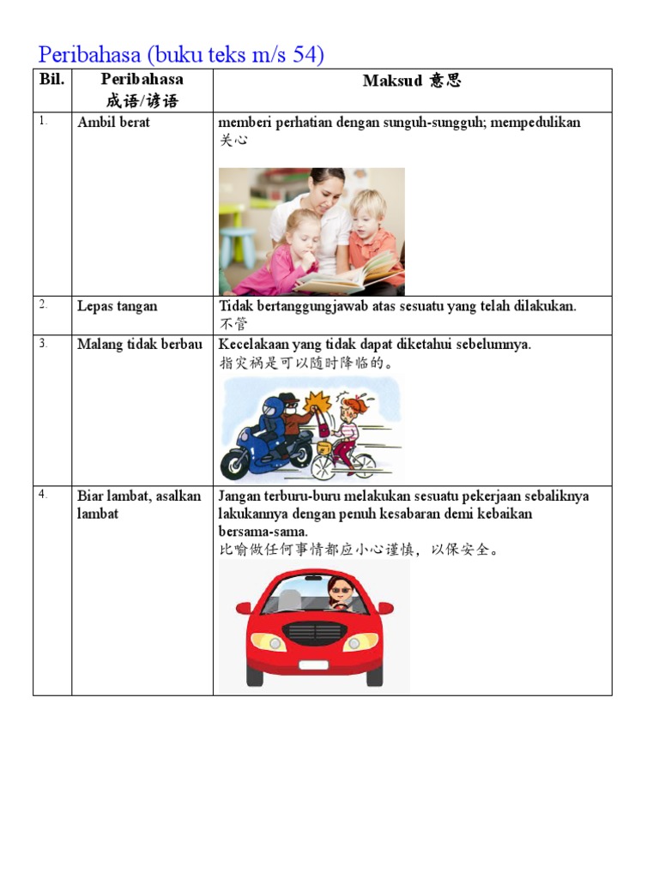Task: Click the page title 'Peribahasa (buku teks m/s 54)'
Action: point(181,55)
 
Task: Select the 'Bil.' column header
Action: point(51,81)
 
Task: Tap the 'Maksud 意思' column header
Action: point(412,81)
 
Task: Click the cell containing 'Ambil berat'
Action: point(113,123)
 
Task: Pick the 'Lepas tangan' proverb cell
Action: point(118,306)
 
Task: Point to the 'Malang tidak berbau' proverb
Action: point(140,344)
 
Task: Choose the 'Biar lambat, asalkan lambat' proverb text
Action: point(139,504)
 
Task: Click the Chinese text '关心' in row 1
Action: point(233,140)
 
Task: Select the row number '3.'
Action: point(43,343)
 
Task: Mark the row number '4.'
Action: point(43,495)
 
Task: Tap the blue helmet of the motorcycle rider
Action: point(272,407)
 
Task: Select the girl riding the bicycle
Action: point(348,424)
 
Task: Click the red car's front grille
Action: point(313,634)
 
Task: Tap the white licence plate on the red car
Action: point(312,665)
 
